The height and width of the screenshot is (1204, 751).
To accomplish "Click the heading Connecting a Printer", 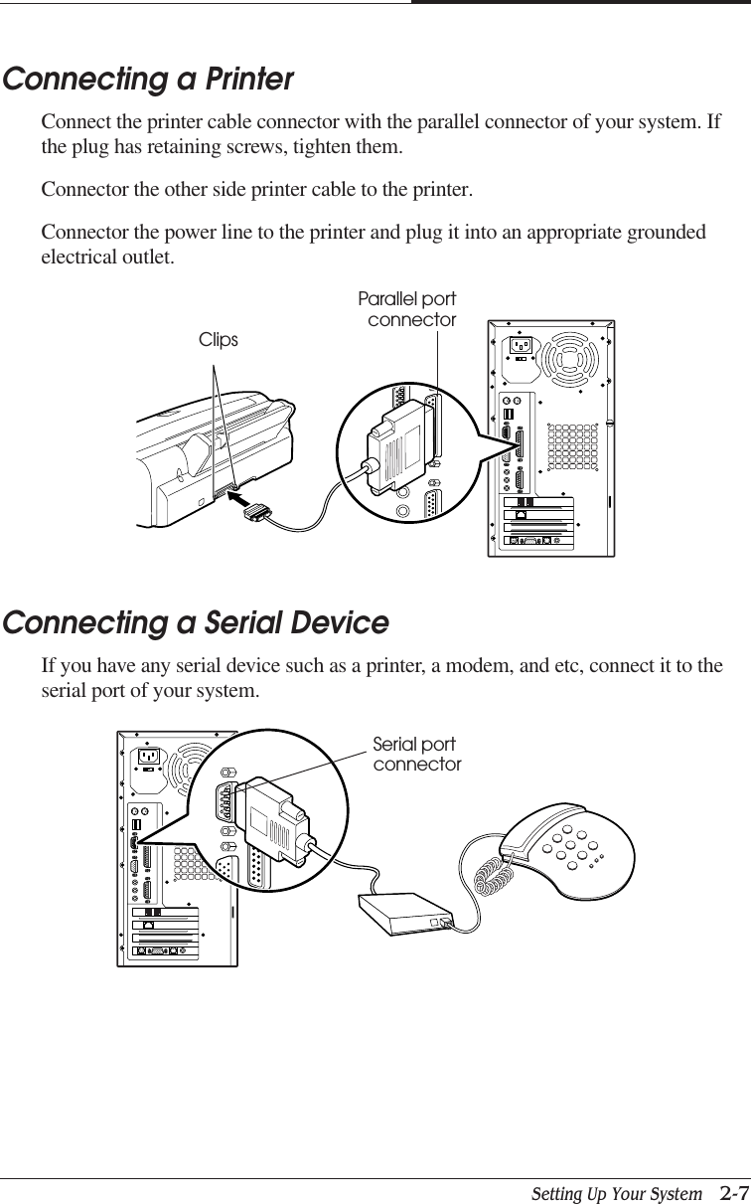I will (149, 80).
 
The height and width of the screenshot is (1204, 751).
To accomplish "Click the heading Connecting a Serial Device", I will (196, 623).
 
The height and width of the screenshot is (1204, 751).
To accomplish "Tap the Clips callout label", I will (219, 340).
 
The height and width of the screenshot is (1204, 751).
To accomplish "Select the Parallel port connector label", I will (407, 309).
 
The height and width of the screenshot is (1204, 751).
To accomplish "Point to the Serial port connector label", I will (416, 755).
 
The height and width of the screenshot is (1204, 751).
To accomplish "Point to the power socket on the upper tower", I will (521, 347).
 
